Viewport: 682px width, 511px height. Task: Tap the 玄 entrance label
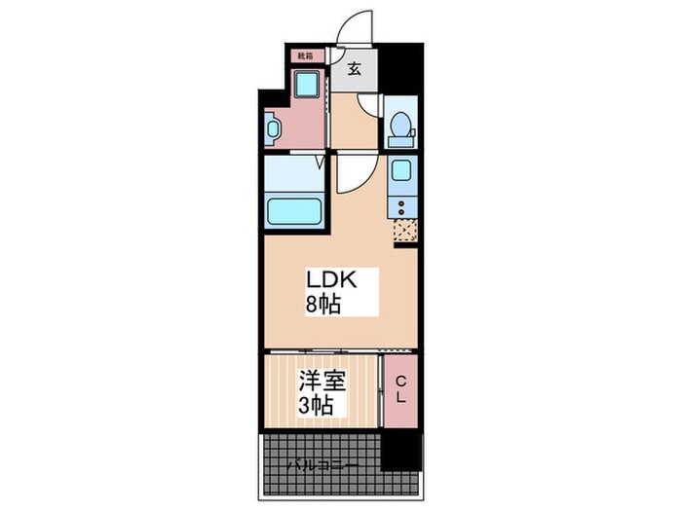point(357,68)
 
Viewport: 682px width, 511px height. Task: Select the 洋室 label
point(322,381)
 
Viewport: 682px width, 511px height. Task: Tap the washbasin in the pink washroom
point(271,128)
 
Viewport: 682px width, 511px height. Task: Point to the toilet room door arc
point(369,105)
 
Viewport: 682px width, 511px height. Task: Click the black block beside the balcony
point(400,451)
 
